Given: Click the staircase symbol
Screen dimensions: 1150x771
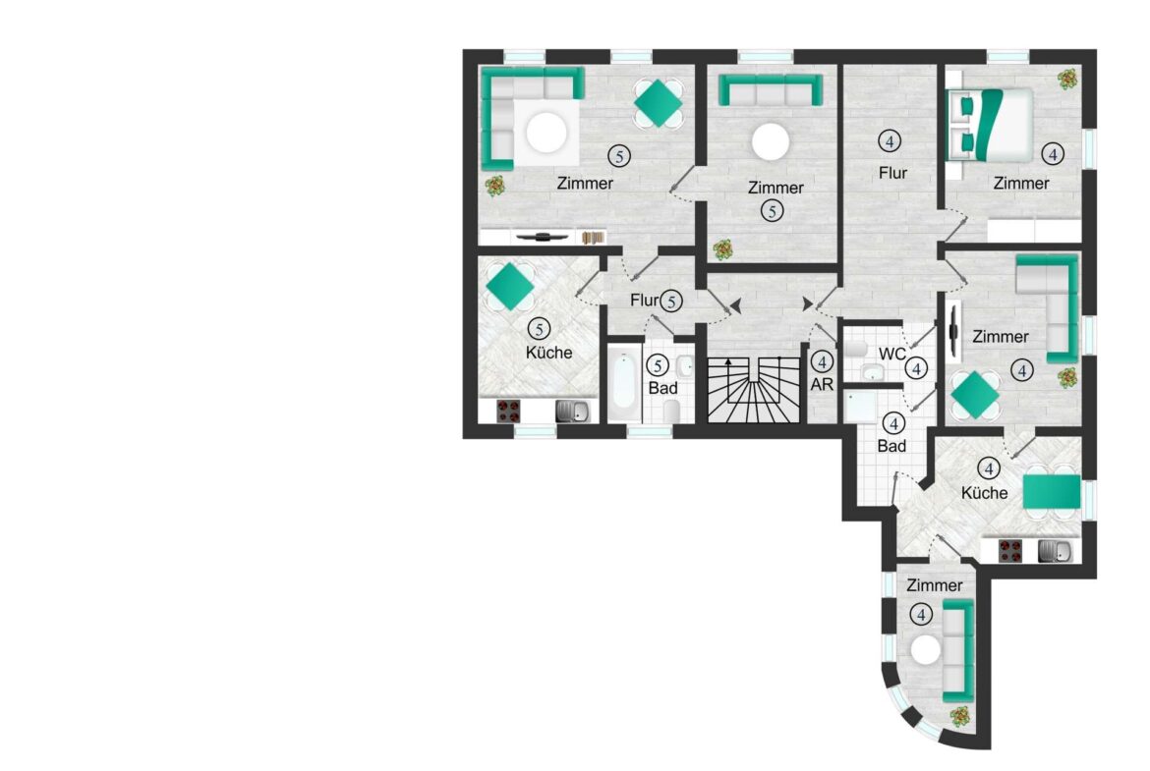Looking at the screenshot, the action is [753, 390].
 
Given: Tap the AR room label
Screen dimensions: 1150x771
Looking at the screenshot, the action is [822, 384].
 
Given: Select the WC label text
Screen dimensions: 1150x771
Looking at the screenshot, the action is [891, 354].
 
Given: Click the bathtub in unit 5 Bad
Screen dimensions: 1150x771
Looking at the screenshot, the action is [625, 380].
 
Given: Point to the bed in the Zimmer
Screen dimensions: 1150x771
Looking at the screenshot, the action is [990, 123].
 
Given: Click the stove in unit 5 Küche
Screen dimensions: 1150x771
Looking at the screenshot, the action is [508, 412].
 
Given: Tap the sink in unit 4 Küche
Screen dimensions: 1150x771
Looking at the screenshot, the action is [1059, 550].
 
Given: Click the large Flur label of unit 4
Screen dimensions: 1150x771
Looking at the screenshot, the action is [892, 173].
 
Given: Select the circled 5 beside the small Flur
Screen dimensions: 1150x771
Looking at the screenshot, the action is [670, 301].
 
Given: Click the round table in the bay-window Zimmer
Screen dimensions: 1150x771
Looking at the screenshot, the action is [926, 650].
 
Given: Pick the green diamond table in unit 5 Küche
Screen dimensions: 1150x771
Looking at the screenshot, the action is [510, 286].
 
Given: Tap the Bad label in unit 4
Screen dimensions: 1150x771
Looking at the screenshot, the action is [891, 446].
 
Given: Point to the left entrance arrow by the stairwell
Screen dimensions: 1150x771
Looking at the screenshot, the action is [735, 305].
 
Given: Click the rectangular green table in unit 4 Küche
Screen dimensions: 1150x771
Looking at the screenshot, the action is [1052, 492].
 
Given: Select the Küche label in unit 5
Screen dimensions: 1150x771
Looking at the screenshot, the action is [548, 353].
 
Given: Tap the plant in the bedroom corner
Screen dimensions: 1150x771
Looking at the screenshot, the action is [1067, 79].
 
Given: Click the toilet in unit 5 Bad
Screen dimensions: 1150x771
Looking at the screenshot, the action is [671, 411].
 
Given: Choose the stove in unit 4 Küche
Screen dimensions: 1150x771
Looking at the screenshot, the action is [1010, 550].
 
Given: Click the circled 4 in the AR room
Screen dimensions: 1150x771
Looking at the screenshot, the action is [822, 362].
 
